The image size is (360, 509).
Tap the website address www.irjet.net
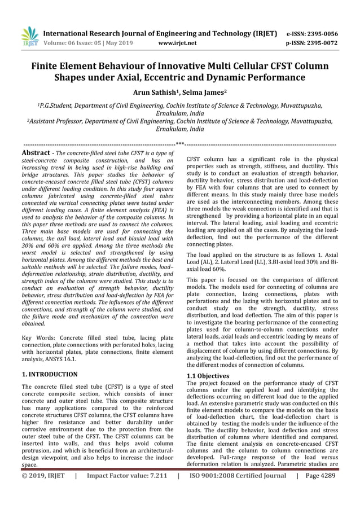(177, 42)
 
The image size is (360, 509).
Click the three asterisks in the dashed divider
(180, 143)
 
